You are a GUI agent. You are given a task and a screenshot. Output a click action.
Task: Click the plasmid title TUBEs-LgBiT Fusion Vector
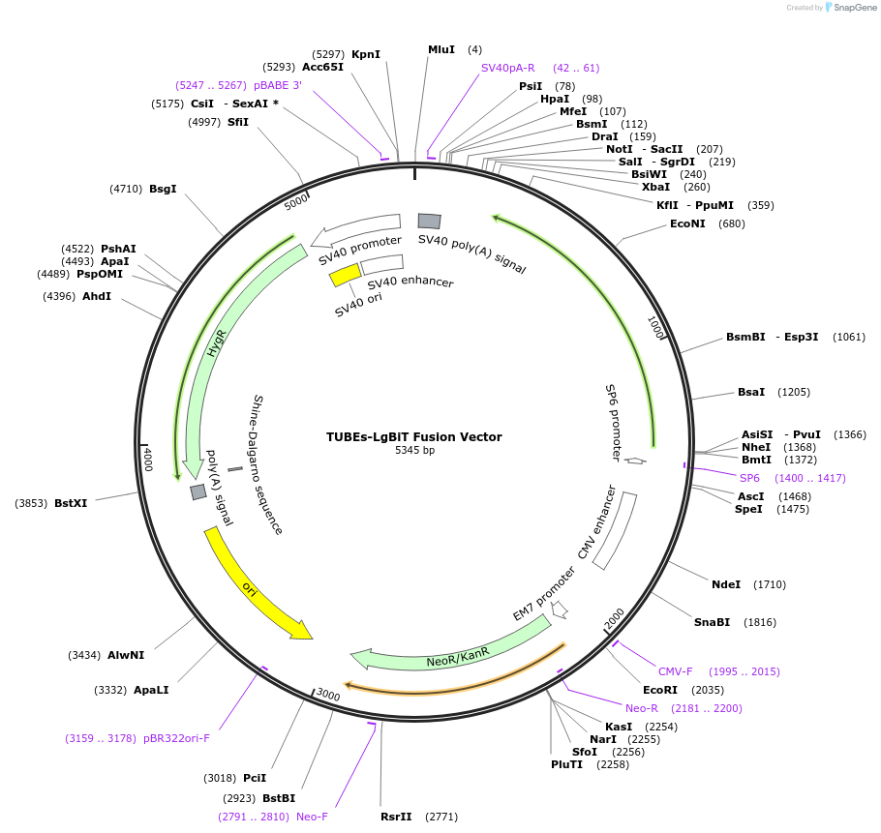[x=413, y=436]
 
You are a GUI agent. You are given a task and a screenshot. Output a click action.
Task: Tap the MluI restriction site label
[x=440, y=49]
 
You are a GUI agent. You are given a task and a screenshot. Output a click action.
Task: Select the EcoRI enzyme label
[x=659, y=690]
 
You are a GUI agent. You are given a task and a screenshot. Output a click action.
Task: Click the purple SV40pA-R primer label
[x=507, y=68]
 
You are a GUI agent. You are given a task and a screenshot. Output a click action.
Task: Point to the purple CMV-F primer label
[x=676, y=671]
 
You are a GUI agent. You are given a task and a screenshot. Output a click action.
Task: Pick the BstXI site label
[x=71, y=503]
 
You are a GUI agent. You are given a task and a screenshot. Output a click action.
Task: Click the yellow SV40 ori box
[x=344, y=276]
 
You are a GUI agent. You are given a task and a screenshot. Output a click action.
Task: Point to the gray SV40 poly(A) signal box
[x=429, y=222]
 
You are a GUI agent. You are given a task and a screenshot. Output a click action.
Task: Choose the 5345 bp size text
[x=413, y=450]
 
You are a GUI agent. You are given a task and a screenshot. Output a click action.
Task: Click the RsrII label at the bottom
[x=396, y=817]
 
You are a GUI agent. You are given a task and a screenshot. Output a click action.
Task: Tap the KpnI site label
[x=366, y=54]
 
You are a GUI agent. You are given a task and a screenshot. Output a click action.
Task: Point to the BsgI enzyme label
[x=163, y=189]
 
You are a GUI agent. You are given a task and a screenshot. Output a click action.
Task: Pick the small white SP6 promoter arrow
[x=635, y=461]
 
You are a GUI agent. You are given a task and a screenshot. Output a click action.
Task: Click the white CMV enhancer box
[x=615, y=530]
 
